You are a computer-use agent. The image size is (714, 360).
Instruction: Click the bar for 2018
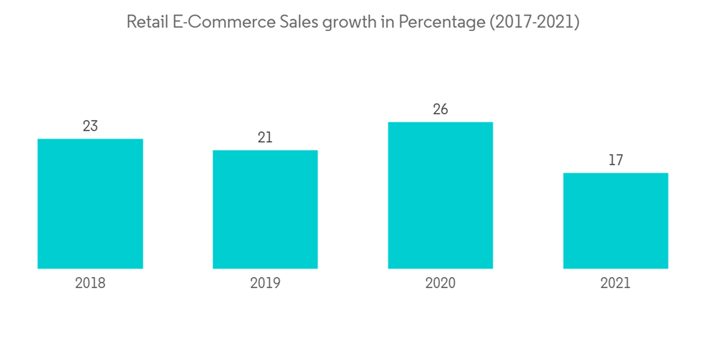(90, 204)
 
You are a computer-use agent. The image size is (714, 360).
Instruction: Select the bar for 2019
(265, 209)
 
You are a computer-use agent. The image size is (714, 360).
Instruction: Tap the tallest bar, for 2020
(440, 195)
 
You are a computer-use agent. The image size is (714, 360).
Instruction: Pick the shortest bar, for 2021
(615, 221)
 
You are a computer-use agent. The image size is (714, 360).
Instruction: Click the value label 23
(90, 126)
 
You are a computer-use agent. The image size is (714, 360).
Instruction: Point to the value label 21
(265, 138)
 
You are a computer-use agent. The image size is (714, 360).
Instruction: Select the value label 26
(440, 110)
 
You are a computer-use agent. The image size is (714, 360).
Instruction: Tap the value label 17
(615, 161)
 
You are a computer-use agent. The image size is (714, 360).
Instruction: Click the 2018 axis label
(90, 284)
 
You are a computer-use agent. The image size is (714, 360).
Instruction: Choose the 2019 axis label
(265, 284)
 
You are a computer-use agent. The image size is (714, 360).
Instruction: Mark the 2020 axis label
(440, 284)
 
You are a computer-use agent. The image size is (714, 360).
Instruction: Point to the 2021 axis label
(615, 284)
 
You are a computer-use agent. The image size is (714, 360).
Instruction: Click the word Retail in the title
(146, 22)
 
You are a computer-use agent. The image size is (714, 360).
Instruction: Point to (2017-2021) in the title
(535, 22)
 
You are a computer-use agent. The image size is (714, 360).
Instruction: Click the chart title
(353, 22)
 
